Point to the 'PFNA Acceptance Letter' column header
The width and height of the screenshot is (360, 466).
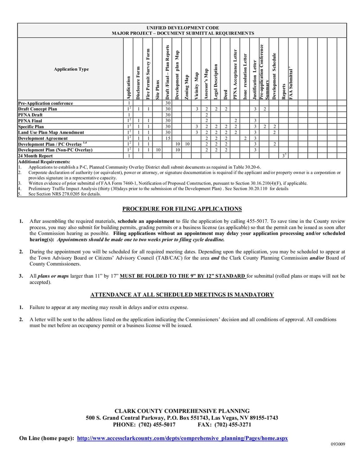pos(235,74)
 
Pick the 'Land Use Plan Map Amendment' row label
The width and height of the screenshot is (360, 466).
pos(51,133)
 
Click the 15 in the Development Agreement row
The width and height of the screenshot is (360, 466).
pos(167,139)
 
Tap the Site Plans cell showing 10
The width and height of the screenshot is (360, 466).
pos(158,150)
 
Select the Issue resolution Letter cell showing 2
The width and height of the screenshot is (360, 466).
pos(245,139)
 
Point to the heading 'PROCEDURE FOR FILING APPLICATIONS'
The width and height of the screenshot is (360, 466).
pos(182,209)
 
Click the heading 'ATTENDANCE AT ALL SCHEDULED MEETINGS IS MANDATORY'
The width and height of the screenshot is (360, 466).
pos(182,295)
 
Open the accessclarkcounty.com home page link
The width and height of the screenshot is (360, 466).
pos(182,438)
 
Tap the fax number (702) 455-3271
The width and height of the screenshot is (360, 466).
pos(233,425)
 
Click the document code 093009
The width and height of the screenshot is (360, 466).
pos(338,444)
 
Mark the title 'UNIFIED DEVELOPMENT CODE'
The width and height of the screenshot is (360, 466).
pos(182,28)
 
